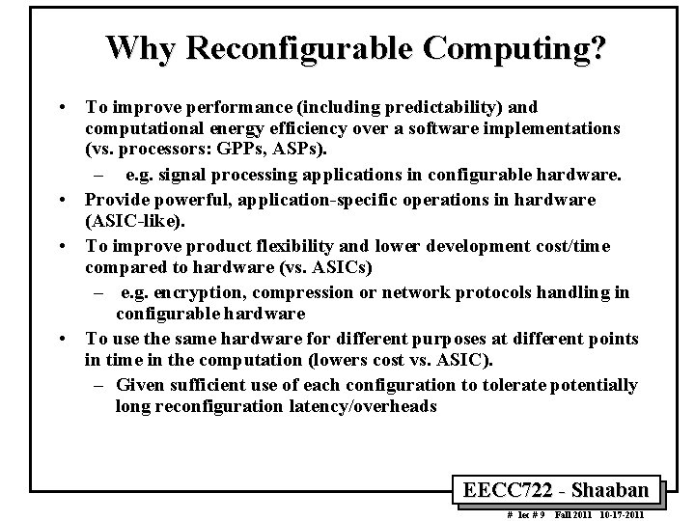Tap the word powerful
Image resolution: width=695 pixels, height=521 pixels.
point(181,199)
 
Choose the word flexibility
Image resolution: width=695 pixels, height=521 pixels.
point(318,246)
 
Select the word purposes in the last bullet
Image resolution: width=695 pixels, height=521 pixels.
point(410,338)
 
